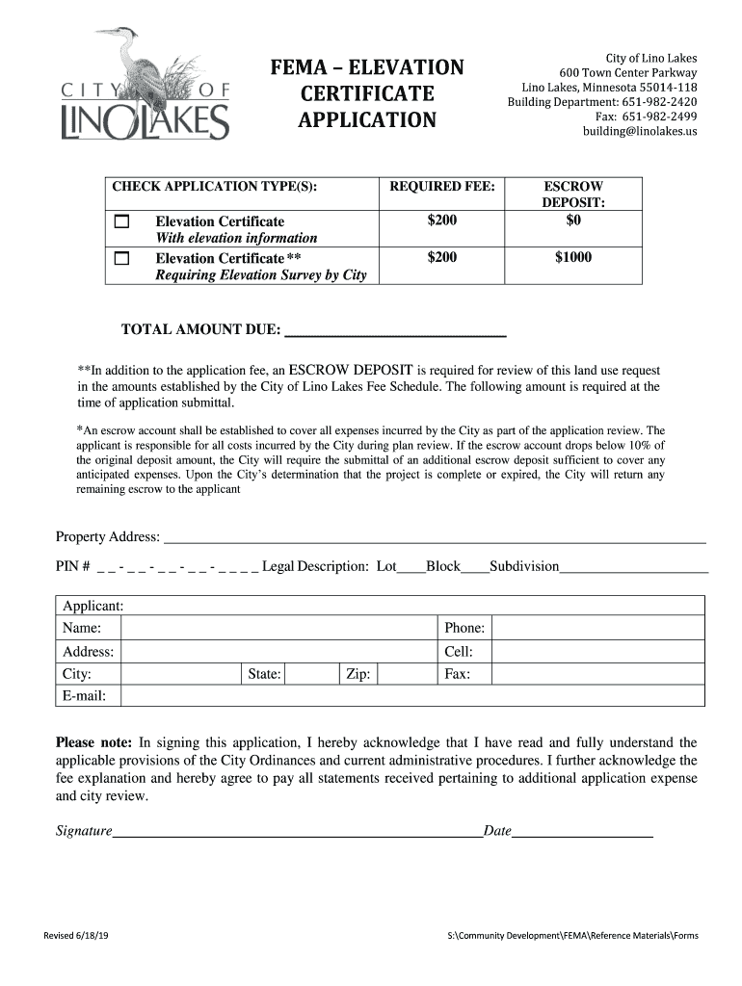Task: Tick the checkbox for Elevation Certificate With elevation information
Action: [121, 222]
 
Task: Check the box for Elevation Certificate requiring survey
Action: [121, 258]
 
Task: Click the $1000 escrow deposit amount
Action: [573, 257]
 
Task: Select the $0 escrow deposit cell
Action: [573, 221]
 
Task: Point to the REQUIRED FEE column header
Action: [441, 186]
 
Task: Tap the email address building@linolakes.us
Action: [639, 131]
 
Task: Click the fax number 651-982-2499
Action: [659, 117]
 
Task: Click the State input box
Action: [310, 674]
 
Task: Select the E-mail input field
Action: [411, 696]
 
